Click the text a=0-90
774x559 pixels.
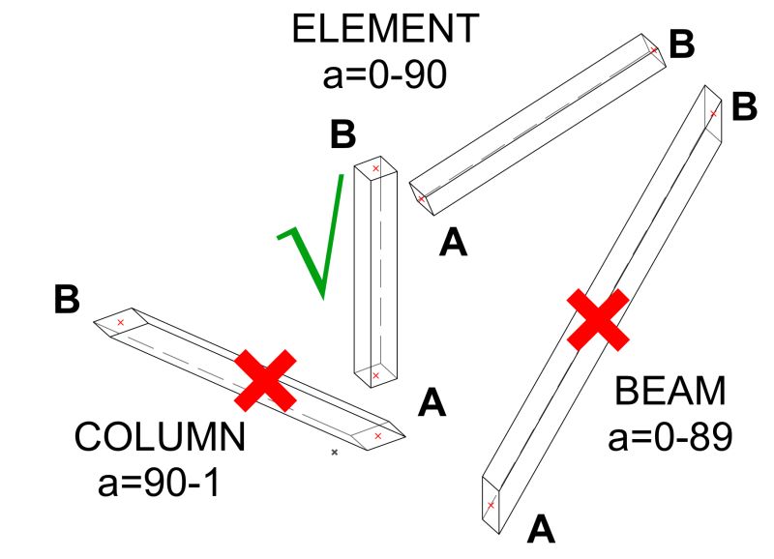click(386, 74)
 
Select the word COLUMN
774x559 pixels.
click(161, 437)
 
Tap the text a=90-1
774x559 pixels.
click(161, 481)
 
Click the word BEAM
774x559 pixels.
click(670, 392)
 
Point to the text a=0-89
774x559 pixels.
click(670, 436)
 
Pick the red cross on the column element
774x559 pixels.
click(265, 381)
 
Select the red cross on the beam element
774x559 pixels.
click(598, 319)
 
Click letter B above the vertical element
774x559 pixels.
click(342, 135)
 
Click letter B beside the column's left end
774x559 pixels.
click(66, 300)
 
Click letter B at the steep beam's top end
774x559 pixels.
click(743, 105)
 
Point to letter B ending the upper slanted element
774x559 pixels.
click(682, 44)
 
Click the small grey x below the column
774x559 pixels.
click(334, 452)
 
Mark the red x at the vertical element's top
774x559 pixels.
click(376, 169)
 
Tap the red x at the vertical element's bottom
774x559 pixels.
click(375, 375)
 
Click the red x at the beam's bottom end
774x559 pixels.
click(491, 504)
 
